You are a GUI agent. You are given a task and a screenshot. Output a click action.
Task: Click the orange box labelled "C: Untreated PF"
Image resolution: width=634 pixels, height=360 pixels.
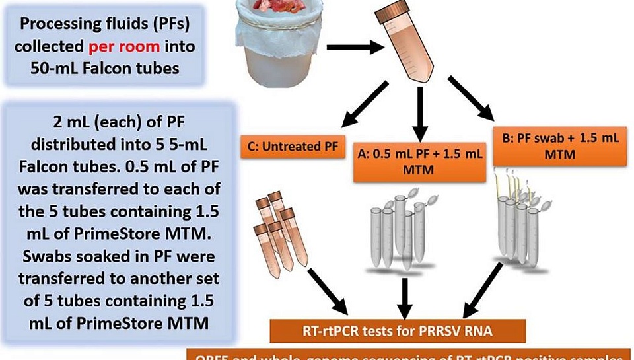coord(293,147)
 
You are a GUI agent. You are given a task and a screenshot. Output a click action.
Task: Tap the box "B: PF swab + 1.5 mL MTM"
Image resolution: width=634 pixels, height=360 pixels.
coord(557,146)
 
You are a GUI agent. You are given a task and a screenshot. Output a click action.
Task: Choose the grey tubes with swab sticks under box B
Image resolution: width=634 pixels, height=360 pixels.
coord(522,221)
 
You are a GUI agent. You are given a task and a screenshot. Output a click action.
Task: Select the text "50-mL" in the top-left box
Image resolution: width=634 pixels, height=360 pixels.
coord(57,68)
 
